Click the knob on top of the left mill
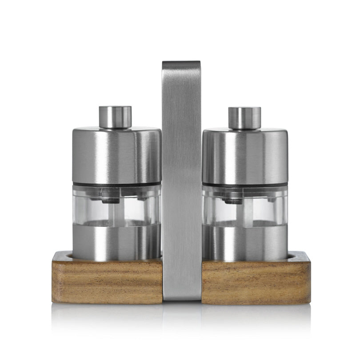[115, 117]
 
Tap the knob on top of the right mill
[244, 118]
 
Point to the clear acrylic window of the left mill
[129, 207]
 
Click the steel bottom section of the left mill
[116, 242]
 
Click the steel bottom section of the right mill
[244, 242]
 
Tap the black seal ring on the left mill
[116, 184]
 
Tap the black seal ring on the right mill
[244, 184]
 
